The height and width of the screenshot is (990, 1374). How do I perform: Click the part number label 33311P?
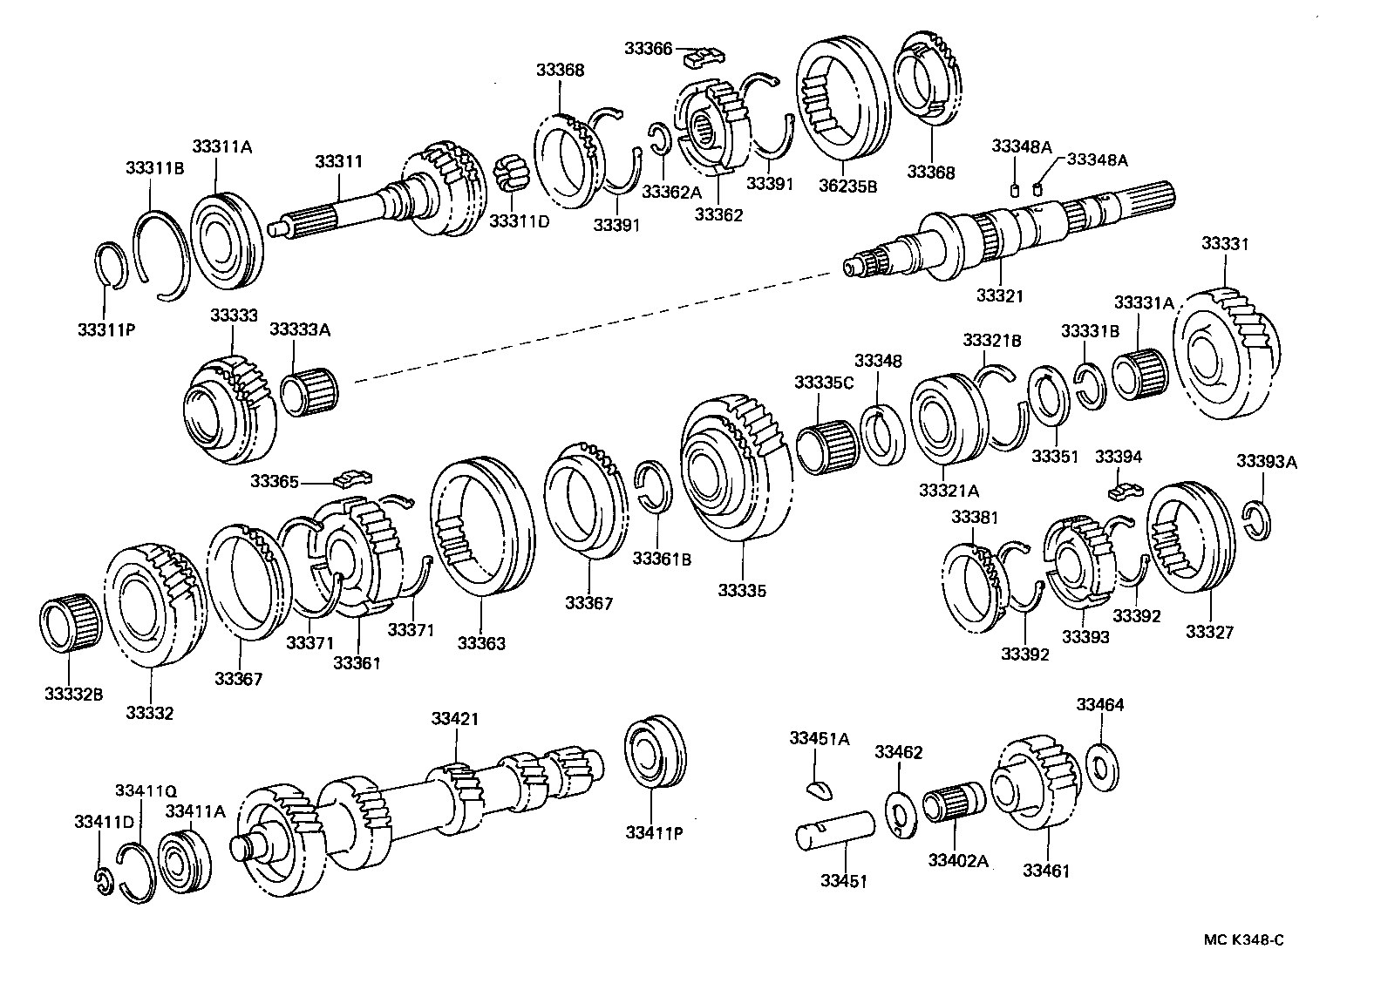(x=104, y=329)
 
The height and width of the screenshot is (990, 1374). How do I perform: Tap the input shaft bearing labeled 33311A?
(x=225, y=240)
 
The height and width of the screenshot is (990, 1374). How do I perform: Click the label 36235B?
(x=847, y=185)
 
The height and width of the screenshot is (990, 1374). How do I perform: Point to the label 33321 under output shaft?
(x=999, y=296)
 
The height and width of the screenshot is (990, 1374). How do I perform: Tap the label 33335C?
(x=823, y=383)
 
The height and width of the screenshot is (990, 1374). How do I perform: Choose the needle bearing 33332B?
(x=70, y=620)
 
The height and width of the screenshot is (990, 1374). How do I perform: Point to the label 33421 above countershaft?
(x=454, y=719)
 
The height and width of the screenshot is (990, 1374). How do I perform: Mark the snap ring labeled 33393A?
(x=1257, y=519)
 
